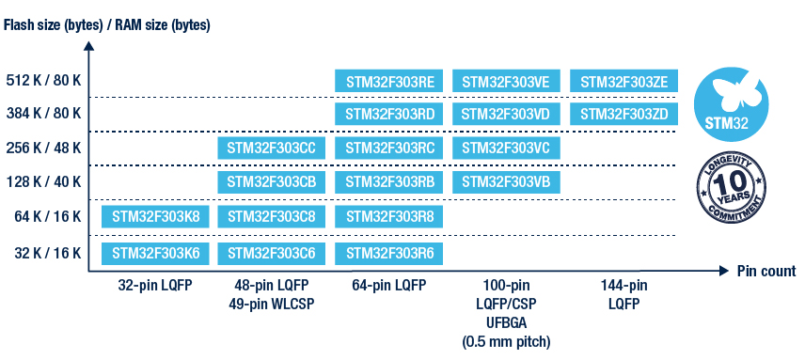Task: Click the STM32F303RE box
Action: [388, 81]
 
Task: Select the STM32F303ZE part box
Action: [623, 81]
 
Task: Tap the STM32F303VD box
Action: [506, 114]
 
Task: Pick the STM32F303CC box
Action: [272, 148]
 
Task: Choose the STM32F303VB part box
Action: [506, 182]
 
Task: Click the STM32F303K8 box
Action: [155, 216]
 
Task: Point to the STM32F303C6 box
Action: [272, 254]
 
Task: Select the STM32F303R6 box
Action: [388, 254]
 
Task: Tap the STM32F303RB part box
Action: [388, 182]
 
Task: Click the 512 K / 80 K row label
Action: [43, 81]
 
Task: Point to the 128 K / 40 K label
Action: [43, 182]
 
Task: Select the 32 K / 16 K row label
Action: [47, 254]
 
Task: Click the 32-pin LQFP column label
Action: [154, 285]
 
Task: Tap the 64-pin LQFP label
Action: [389, 285]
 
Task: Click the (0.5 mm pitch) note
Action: [506, 342]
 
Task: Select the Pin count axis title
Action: [766, 271]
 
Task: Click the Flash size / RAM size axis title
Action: [107, 25]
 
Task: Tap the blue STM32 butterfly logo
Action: [731, 104]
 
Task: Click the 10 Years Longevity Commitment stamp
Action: [731, 190]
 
